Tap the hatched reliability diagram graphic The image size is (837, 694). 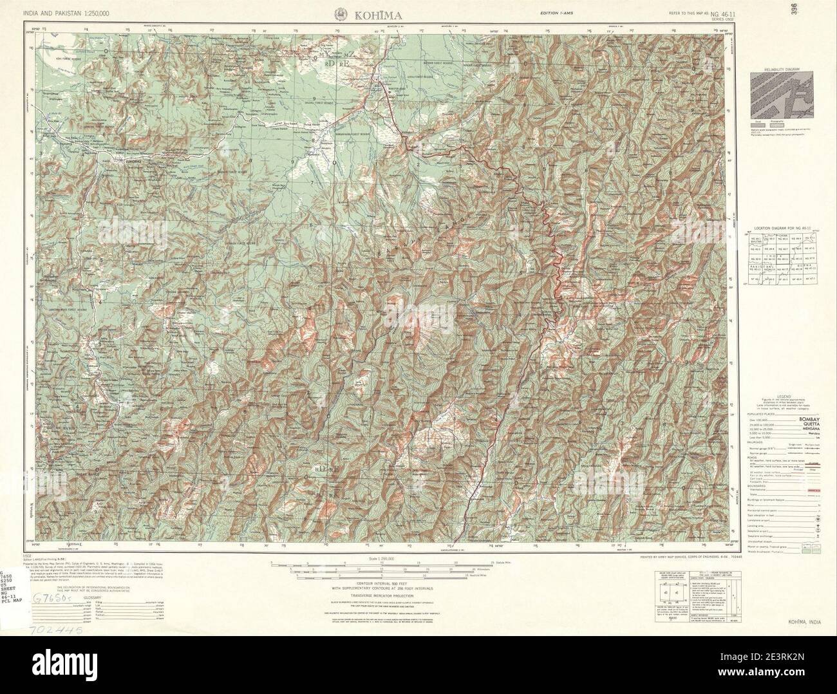[x=782, y=95]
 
